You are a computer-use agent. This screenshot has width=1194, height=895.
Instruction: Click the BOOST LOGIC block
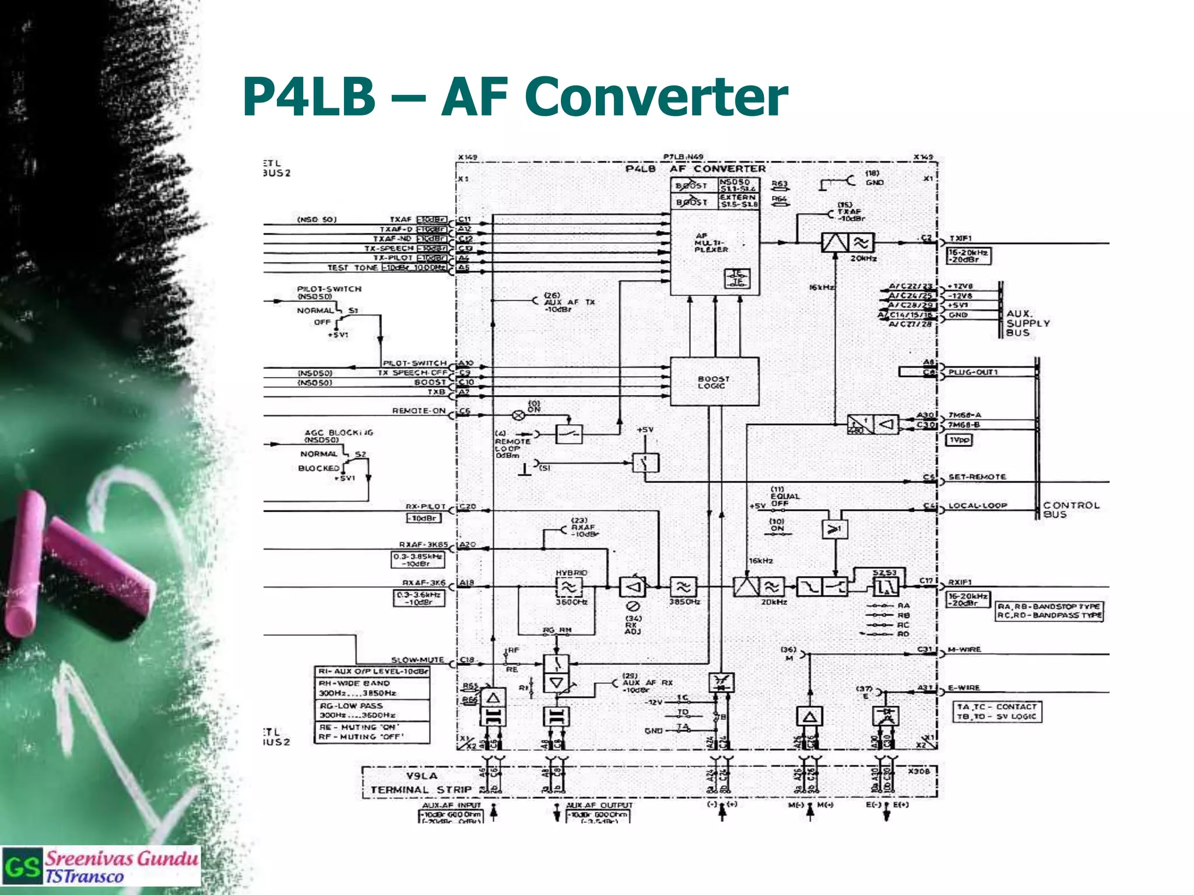pyautogui.click(x=714, y=382)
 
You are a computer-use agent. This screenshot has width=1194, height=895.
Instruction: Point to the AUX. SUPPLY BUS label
pyautogui.click(x=1027, y=323)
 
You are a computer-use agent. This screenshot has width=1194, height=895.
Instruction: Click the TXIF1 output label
pyautogui.click(x=960, y=238)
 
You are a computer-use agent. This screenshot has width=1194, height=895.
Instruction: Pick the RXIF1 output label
pyautogui.click(x=960, y=582)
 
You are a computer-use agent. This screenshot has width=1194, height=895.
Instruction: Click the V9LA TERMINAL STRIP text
pyautogui.click(x=422, y=783)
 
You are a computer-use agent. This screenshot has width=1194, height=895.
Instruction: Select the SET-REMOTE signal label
pyautogui.click(x=977, y=477)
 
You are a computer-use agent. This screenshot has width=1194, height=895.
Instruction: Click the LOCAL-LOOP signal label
pyautogui.click(x=978, y=506)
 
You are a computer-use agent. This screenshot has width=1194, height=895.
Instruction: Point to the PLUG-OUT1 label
pyautogui.click(x=973, y=372)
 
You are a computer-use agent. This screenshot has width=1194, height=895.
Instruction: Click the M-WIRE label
pyautogui.click(x=964, y=649)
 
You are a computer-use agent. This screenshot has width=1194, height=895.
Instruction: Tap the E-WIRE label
pyautogui.click(x=964, y=688)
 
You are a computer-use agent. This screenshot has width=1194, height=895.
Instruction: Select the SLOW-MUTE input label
pyautogui.click(x=417, y=660)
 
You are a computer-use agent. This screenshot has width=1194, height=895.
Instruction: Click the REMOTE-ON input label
pyautogui.click(x=419, y=411)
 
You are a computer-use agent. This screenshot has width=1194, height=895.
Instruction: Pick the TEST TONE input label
pyautogui.click(x=352, y=267)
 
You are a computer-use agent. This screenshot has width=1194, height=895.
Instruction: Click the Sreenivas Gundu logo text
pyautogui.click(x=121, y=858)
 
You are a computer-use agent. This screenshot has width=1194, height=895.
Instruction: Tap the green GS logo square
pyautogui.click(x=22, y=867)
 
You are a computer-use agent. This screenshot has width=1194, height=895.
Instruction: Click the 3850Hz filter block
pyautogui.click(x=683, y=587)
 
